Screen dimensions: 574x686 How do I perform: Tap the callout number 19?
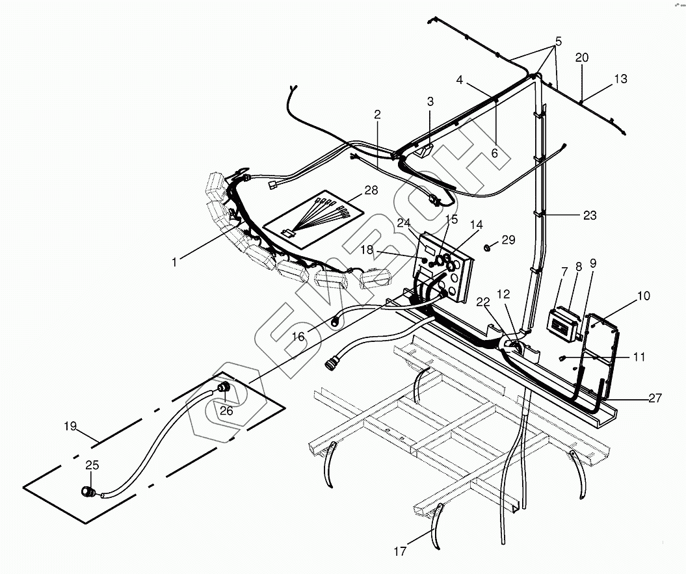click(70, 427)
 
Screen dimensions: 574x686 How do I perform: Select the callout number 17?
click(400, 552)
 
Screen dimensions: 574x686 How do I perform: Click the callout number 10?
click(643, 296)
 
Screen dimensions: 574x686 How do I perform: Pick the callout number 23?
click(589, 216)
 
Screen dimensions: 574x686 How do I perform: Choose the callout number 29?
click(508, 240)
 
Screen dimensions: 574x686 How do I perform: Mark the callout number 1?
click(174, 262)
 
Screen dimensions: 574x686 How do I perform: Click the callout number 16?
click(298, 336)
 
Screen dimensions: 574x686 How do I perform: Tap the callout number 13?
click(620, 79)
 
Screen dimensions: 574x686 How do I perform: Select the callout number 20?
click(581, 58)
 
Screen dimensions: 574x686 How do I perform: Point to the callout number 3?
click(430, 101)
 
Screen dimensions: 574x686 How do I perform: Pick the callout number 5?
click(557, 41)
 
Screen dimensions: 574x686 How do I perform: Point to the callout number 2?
click(376, 114)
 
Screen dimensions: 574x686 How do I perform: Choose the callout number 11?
click(639, 357)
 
